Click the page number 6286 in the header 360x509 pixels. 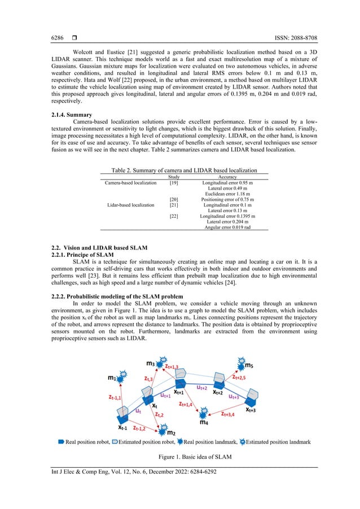click(50, 38)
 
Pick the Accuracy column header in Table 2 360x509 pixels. click(227, 177)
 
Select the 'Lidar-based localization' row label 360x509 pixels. click(130, 205)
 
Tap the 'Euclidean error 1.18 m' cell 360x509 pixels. click(227, 194)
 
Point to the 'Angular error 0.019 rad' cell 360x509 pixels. click(227, 227)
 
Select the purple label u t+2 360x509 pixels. click(201, 388)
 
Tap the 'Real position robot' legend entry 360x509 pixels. click(85, 442)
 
